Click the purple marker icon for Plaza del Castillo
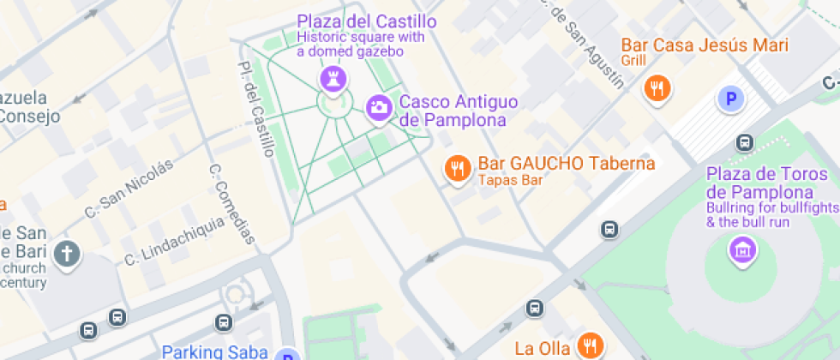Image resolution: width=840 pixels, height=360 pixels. [x=332, y=80]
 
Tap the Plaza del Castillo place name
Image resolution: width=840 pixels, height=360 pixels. [x=366, y=21]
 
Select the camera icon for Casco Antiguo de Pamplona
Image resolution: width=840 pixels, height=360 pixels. [x=379, y=108]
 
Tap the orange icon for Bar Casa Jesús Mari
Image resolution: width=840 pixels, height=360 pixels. [x=657, y=87]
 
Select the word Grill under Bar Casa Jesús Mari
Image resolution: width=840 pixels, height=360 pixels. [x=633, y=60]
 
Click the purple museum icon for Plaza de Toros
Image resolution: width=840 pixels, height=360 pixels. [x=741, y=250]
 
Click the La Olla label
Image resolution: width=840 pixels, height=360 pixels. [x=542, y=348]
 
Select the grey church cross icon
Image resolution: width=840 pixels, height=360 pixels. [x=66, y=254]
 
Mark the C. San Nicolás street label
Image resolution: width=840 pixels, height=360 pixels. [x=129, y=188]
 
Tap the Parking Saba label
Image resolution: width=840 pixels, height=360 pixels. [x=215, y=351]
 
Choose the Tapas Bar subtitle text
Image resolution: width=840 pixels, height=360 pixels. [x=510, y=180]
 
